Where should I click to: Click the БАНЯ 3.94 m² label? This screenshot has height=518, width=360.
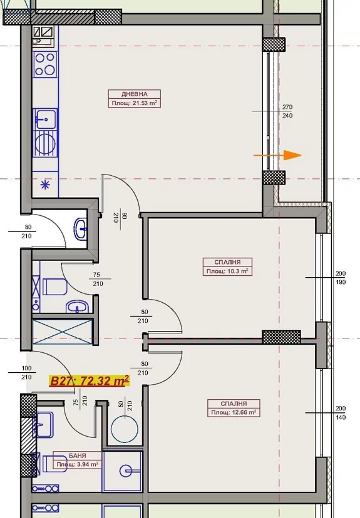(x=78, y=460)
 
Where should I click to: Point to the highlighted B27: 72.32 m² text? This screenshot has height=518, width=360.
(x=90, y=380)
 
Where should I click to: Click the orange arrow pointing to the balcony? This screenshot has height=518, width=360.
(x=277, y=155)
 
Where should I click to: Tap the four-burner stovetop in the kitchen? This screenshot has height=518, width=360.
(x=45, y=64)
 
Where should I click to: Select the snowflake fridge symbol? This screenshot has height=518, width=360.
(x=45, y=185)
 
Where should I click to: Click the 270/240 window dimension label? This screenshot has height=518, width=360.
(x=287, y=111)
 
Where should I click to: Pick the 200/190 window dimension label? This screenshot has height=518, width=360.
(x=341, y=278)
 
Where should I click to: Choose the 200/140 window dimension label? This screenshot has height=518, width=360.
(x=341, y=413)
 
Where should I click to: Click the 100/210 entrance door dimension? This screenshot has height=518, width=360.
(x=26, y=373)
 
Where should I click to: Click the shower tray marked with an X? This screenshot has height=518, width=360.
(x=62, y=332)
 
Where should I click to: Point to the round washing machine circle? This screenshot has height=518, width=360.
(x=125, y=429)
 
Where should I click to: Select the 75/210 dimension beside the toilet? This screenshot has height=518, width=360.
(x=98, y=279)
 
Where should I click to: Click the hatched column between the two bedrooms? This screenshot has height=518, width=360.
(x=281, y=337)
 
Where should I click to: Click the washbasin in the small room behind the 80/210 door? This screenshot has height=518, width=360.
(x=81, y=228)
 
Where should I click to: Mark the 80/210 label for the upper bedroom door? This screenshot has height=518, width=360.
(x=144, y=317)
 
